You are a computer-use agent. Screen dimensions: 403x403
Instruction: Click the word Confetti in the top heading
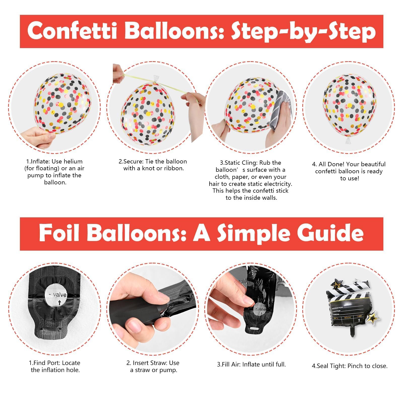pos(72,31)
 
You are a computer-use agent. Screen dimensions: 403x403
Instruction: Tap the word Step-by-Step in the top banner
pos(304,32)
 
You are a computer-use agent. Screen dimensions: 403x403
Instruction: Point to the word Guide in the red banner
pos(330,233)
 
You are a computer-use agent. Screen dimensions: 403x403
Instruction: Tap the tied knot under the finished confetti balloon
pos(348,140)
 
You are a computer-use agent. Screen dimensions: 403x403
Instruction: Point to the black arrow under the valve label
pos(59,302)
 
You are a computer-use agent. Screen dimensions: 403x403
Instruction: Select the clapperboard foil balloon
pos(351,307)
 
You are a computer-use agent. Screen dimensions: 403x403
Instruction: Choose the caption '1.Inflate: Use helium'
pos(54,161)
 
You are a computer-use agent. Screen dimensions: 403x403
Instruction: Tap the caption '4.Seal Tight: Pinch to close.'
pos(350,366)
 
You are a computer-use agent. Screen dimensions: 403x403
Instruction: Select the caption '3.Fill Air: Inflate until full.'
pos(251,364)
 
